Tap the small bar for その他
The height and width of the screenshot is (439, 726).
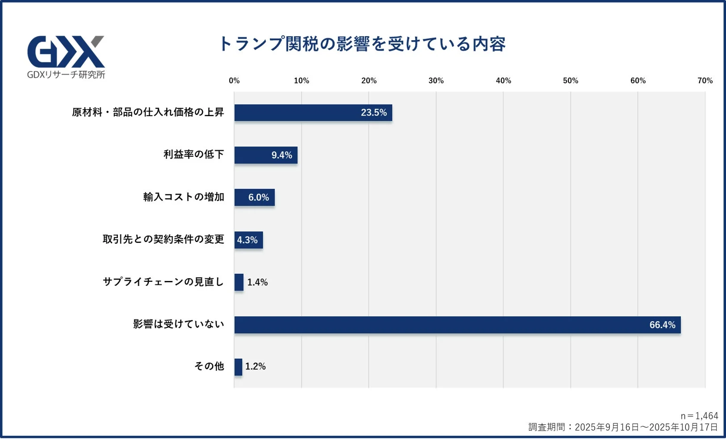click(238, 367)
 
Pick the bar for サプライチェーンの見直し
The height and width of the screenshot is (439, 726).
click(239, 282)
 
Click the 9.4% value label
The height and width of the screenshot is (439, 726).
click(281, 155)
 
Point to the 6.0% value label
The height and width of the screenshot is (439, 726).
click(259, 197)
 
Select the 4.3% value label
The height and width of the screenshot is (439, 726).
click(247, 240)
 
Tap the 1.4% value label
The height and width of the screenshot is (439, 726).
click(257, 282)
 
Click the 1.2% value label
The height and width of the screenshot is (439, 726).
click(256, 367)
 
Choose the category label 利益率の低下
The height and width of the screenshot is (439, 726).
click(193, 155)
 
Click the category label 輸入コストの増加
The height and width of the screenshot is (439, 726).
click(184, 197)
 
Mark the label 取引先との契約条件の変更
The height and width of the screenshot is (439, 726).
click(163, 239)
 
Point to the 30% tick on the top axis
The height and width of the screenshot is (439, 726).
click(436, 81)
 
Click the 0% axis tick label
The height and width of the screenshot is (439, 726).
click(234, 81)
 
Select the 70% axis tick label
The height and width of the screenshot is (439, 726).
click(705, 81)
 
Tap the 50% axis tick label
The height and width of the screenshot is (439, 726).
click(571, 81)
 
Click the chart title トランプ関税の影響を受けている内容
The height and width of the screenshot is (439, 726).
click(362, 44)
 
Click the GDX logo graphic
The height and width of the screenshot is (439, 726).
click(66, 52)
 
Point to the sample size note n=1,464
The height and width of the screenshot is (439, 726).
click(699, 416)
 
